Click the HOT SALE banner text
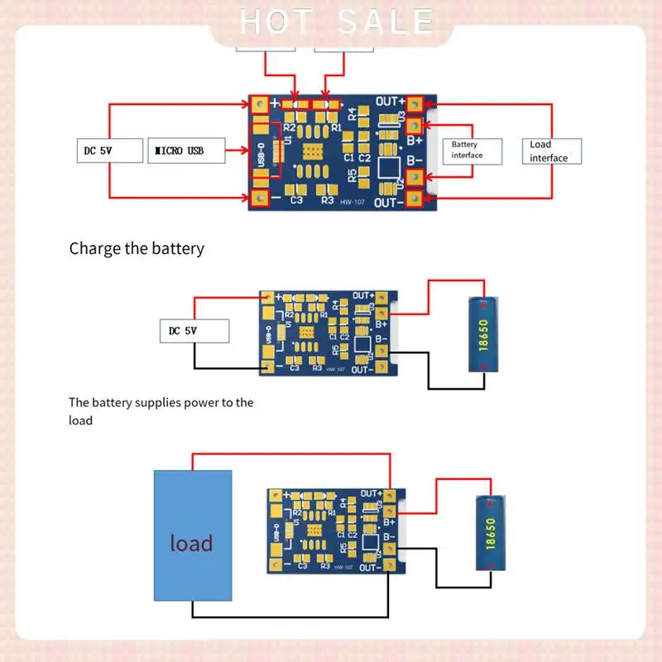[x=336, y=22]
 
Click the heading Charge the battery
[x=137, y=248]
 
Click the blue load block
[x=192, y=535]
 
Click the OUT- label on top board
[x=388, y=203]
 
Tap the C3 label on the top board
[x=296, y=200]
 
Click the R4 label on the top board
[x=352, y=113]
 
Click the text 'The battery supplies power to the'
[x=161, y=403]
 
